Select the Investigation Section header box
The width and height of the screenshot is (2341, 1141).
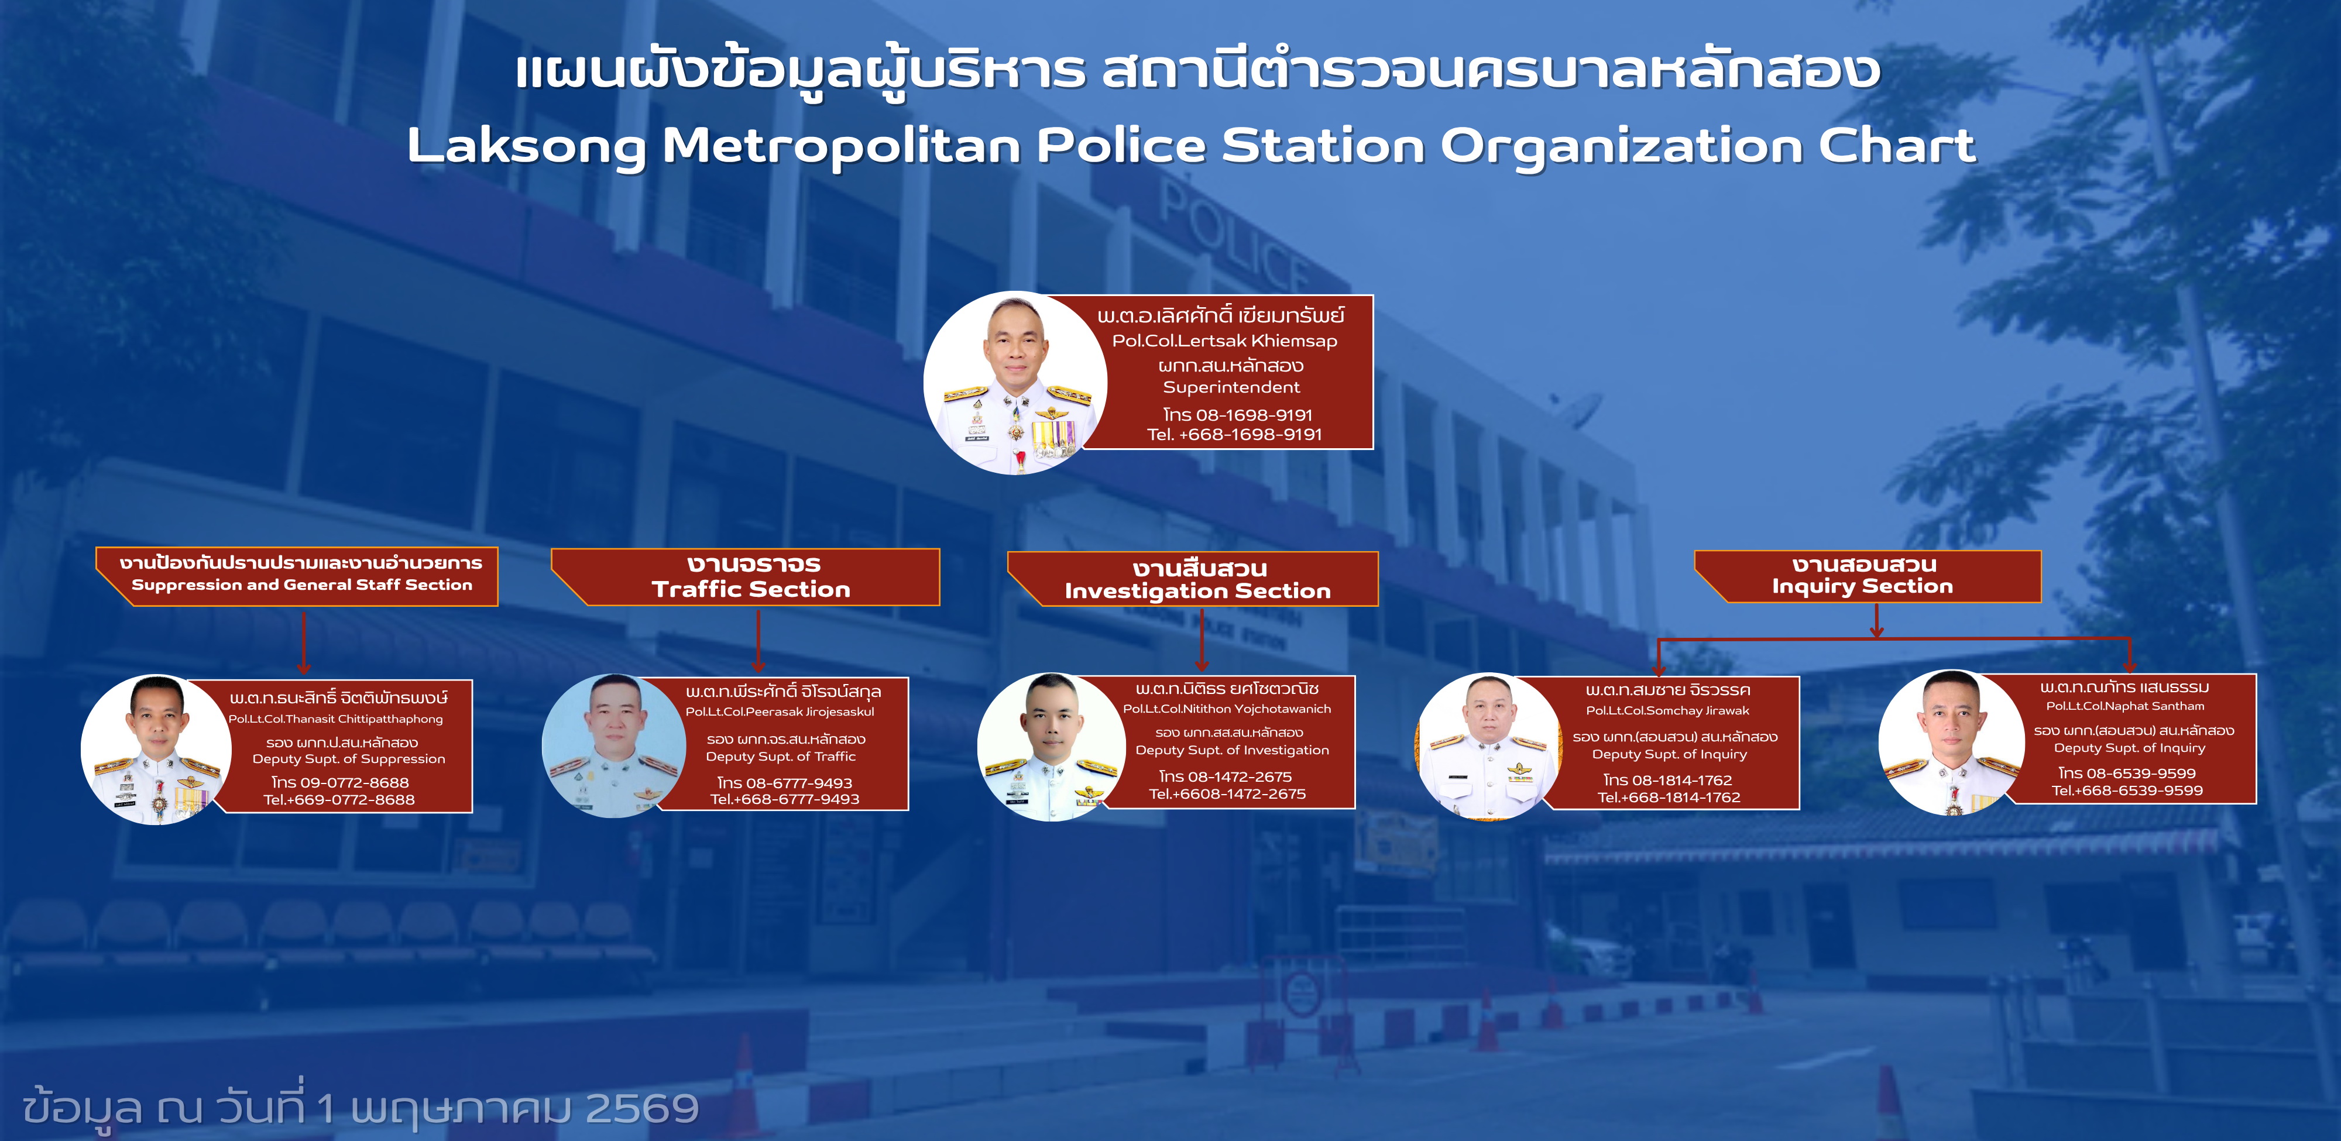[x=1193, y=579]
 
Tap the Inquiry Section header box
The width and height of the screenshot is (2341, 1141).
[x=1868, y=576]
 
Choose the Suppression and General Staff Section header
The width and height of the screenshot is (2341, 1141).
[x=297, y=576]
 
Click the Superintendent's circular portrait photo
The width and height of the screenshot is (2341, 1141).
[x=1015, y=383]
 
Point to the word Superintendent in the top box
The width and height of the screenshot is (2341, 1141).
[x=1231, y=387]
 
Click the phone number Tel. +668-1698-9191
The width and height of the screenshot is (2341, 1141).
[x=1234, y=434]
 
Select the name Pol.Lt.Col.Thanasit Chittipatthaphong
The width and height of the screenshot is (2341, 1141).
[x=335, y=719]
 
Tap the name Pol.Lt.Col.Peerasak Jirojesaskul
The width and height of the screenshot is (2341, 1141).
[x=780, y=712]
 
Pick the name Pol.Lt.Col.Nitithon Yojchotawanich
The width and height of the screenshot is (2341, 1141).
[x=1227, y=709]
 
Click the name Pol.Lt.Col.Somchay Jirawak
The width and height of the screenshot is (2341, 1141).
[x=1667, y=710]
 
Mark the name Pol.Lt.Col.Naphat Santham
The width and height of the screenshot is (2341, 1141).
[x=2124, y=706]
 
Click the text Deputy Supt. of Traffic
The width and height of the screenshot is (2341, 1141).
[x=781, y=756]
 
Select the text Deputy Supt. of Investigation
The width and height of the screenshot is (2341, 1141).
[x=1231, y=750]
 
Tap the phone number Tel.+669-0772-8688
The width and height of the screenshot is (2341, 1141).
[x=339, y=799]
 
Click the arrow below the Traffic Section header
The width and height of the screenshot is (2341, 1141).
[x=758, y=641]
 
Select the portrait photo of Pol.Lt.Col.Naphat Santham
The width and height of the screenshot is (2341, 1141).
[x=1952, y=743]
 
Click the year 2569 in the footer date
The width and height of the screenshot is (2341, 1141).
[x=641, y=1108]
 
